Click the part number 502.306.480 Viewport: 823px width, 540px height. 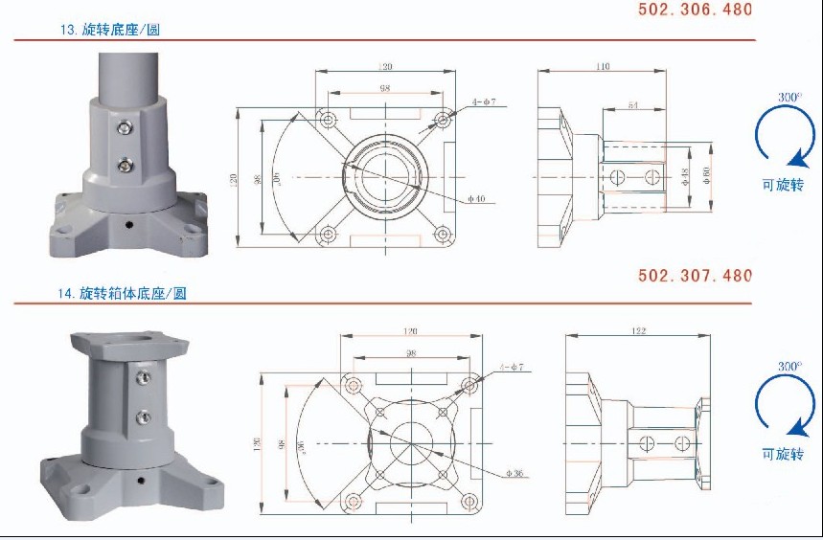[x=696, y=10]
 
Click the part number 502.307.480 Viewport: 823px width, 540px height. [x=696, y=276]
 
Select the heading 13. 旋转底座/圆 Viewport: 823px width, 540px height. [x=109, y=30]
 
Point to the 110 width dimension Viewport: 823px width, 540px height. [x=602, y=67]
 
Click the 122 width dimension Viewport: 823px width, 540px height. [x=639, y=331]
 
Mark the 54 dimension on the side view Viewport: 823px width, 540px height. [x=633, y=103]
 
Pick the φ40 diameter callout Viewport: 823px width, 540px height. [x=477, y=199]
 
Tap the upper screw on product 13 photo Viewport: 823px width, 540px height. [x=125, y=126]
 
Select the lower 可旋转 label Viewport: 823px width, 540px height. [x=783, y=455]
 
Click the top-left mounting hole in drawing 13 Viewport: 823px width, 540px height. [x=329, y=121]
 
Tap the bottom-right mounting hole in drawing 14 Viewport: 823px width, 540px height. [x=469, y=499]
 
